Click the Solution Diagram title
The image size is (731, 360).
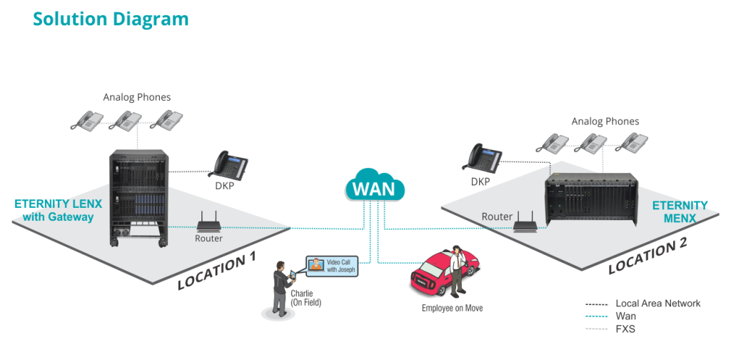click(x=111, y=19)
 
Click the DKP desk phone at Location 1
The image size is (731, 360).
click(x=231, y=166)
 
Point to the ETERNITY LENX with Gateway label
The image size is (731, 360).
click(x=58, y=210)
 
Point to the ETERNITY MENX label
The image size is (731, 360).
click(x=680, y=211)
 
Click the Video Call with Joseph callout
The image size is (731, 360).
click(x=331, y=266)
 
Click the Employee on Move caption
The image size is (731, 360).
click(x=451, y=308)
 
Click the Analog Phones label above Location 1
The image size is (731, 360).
click(x=137, y=97)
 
